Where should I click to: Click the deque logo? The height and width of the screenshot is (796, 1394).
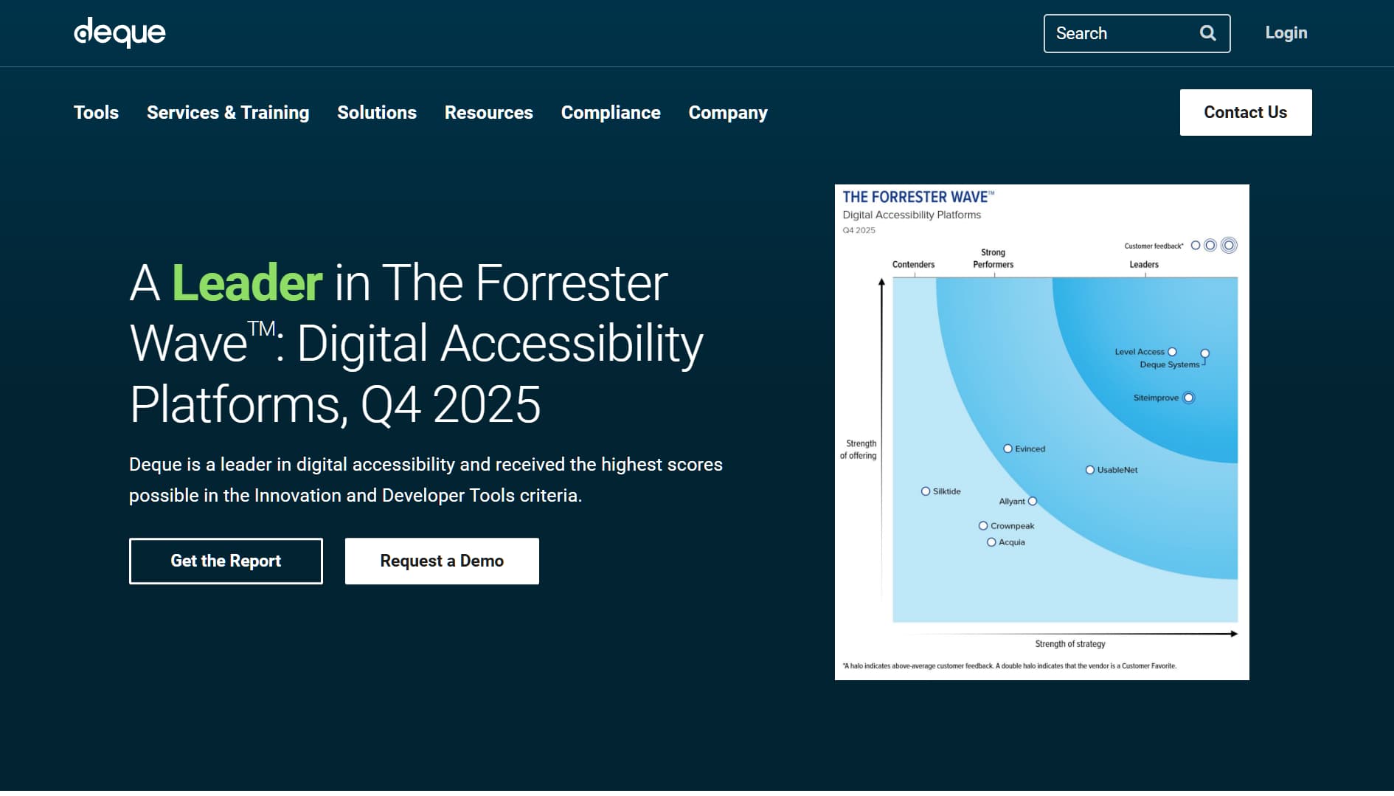coord(119,32)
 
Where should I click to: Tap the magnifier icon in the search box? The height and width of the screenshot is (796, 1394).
coord(1207,33)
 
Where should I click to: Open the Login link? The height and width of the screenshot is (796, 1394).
coord(1286,33)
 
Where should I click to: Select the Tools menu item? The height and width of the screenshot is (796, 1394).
coord(96,113)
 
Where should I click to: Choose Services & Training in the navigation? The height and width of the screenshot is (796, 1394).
coord(228,113)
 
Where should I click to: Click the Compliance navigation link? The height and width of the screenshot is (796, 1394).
coord(611,113)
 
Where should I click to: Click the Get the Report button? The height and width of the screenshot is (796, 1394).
coord(226,561)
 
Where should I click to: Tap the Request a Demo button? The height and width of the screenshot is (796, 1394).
coord(442,561)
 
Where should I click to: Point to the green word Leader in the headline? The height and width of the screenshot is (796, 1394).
coord(247,283)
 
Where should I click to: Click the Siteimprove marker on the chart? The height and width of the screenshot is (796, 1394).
coord(1188,398)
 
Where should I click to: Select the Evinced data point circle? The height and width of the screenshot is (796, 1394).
coord(1008,449)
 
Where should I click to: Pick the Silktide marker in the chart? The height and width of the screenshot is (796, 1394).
coord(926,491)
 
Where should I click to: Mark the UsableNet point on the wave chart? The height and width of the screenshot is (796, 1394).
coord(1089,470)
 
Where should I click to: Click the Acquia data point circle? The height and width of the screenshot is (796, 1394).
coord(991,542)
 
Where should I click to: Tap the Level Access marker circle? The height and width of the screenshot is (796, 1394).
coord(1172,352)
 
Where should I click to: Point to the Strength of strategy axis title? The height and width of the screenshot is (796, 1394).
coord(1069,644)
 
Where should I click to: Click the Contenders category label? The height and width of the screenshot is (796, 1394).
coord(913,265)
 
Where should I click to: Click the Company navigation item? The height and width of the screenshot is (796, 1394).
coord(728,113)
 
